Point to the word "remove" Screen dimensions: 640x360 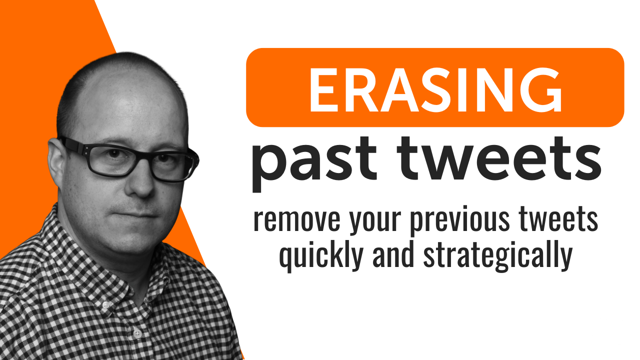click(x=297, y=220)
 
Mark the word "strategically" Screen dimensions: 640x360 click(x=498, y=255)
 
